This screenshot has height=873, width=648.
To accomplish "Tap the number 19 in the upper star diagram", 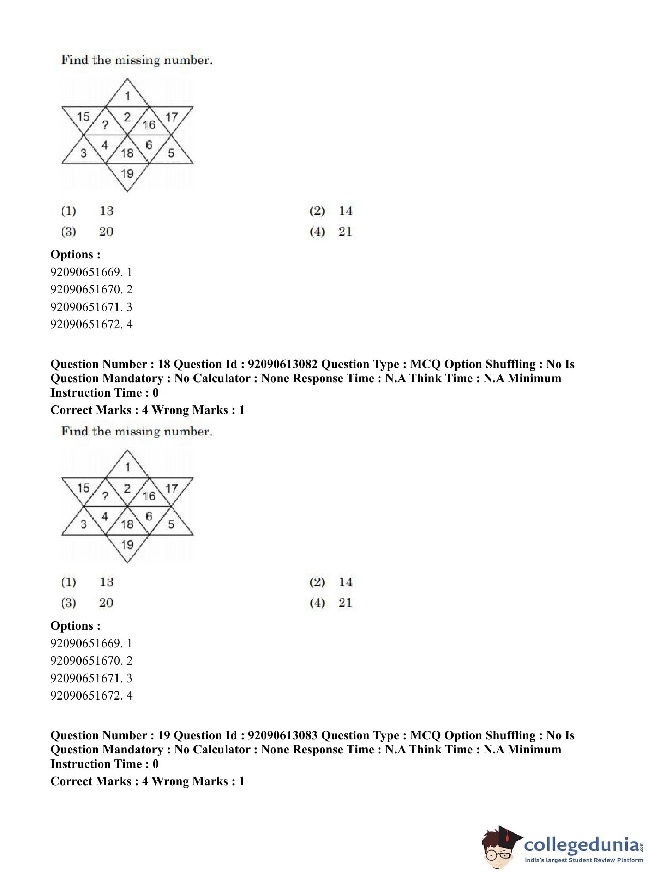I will pyautogui.click(x=127, y=173).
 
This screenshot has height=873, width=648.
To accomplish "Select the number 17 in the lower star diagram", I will pyautogui.click(x=172, y=488).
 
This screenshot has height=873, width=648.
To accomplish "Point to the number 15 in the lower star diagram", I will pyautogui.click(x=83, y=488).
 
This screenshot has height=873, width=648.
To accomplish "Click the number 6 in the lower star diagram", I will pyautogui.click(x=149, y=516).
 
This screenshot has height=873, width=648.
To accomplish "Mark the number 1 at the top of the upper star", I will pyautogui.click(x=127, y=95).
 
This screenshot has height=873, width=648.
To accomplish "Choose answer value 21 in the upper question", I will pyautogui.click(x=345, y=231).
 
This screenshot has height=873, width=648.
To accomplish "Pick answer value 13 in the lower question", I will pyautogui.click(x=106, y=582).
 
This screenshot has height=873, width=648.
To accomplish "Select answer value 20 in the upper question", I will pyautogui.click(x=106, y=231).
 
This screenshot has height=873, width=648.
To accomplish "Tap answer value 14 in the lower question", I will pyautogui.click(x=346, y=582).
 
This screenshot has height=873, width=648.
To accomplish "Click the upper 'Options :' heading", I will pyautogui.click(x=75, y=254).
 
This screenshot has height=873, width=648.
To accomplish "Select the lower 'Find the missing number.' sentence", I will pyautogui.click(x=137, y=432).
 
